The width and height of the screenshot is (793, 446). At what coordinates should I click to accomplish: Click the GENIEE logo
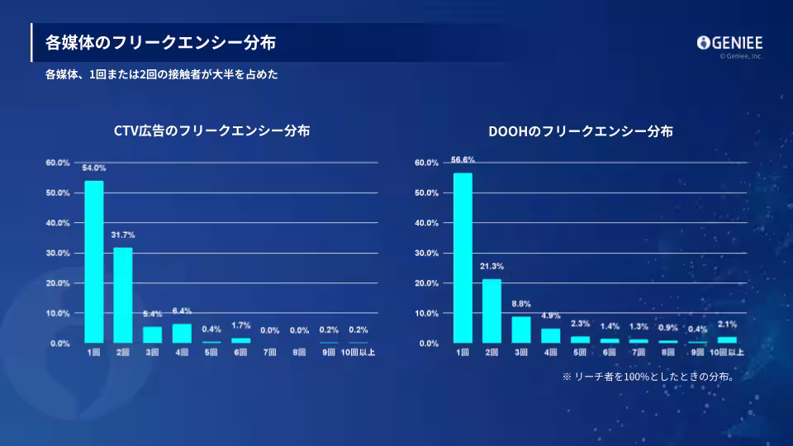729,43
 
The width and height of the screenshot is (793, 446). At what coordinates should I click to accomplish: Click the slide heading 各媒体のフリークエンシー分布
160,42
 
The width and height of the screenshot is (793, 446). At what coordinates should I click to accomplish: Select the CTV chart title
212,130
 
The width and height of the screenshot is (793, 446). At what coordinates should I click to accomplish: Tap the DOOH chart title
581,130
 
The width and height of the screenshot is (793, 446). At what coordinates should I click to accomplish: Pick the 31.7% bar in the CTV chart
123,295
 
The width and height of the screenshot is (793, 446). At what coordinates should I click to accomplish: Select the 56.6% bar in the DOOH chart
463,257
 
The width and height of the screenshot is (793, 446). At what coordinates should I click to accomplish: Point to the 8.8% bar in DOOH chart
521,329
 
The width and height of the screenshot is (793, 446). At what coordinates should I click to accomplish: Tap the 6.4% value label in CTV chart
182,311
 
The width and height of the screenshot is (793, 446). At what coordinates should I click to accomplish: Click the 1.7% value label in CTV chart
240,325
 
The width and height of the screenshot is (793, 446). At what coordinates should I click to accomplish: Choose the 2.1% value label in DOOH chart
727,325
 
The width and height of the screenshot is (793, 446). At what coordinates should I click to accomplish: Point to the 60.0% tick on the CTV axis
58,163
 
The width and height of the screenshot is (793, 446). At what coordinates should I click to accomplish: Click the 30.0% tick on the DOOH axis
426,253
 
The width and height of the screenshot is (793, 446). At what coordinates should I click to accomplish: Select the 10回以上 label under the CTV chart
358,353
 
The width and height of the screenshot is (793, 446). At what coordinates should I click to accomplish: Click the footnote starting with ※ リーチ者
648,377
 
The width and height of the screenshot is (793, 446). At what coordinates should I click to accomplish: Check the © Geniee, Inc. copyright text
741,56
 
